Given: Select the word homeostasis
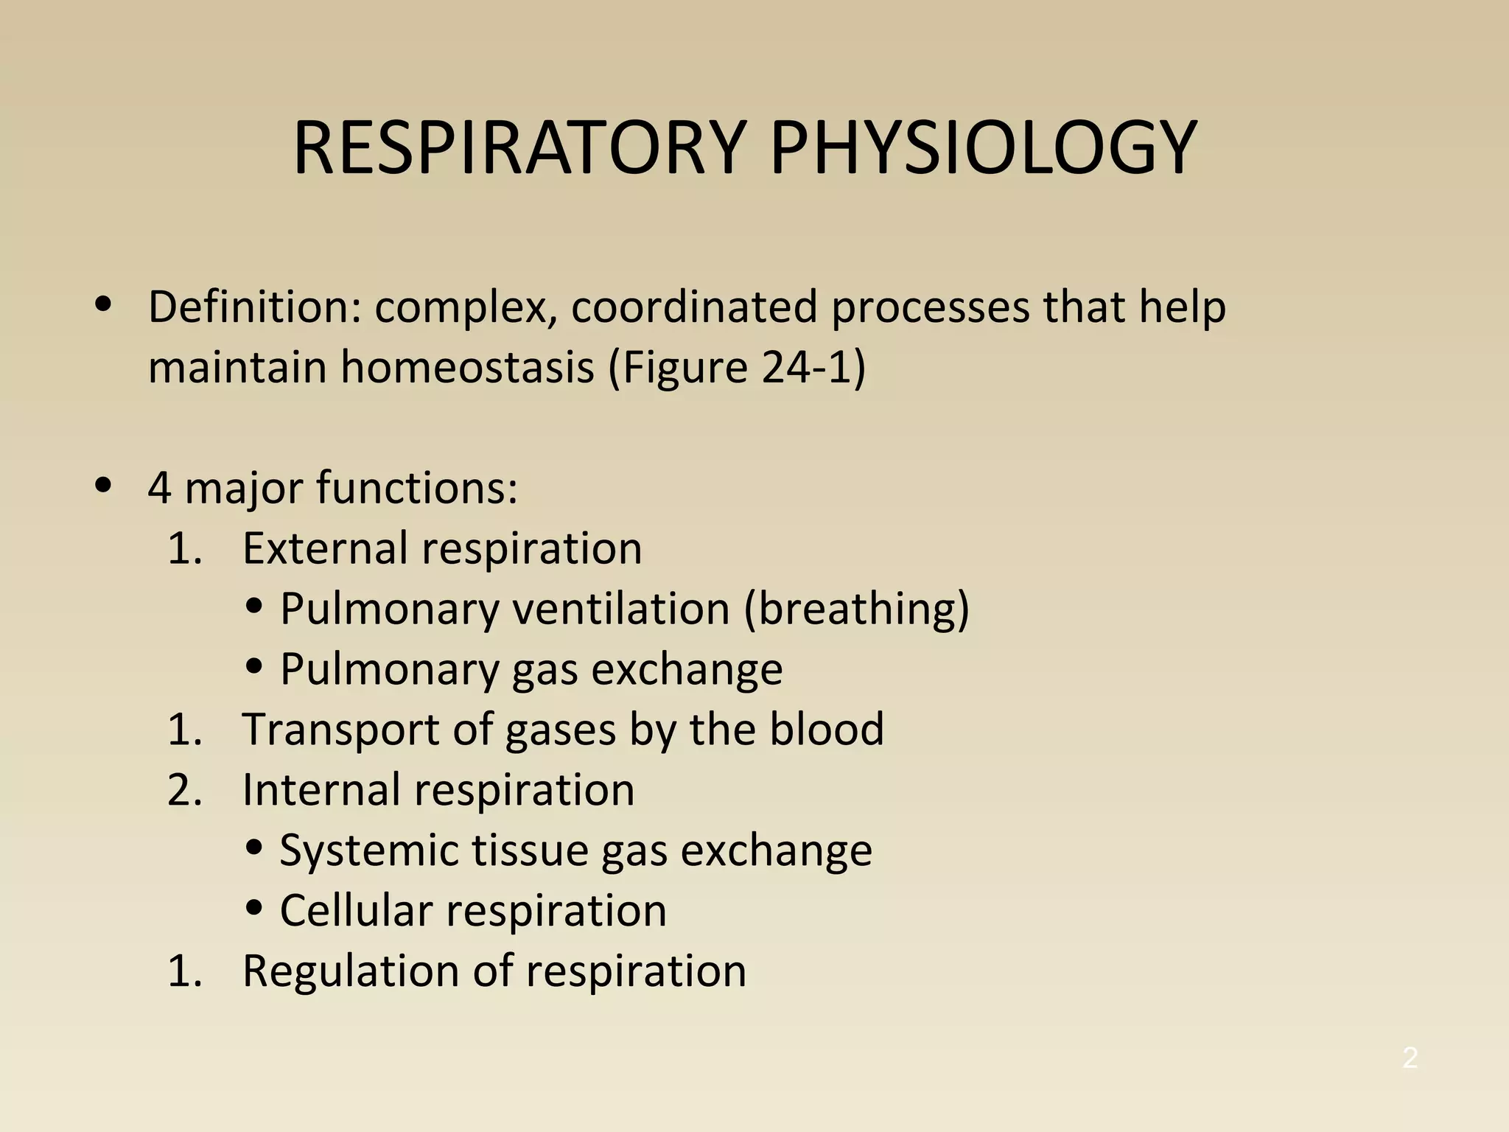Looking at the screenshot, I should click(467, 367).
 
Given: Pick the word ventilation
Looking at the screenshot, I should click(620, 609).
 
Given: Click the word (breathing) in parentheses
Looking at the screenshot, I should click(856, 610).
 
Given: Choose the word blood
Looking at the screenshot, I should click(827, 730).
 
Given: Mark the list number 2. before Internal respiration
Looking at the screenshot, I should click(184, 790).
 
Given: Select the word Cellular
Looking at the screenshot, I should click(357, 911).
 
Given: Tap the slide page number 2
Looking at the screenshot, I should click(1410, 1058).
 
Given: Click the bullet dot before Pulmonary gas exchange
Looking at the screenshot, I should click(255, 666).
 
